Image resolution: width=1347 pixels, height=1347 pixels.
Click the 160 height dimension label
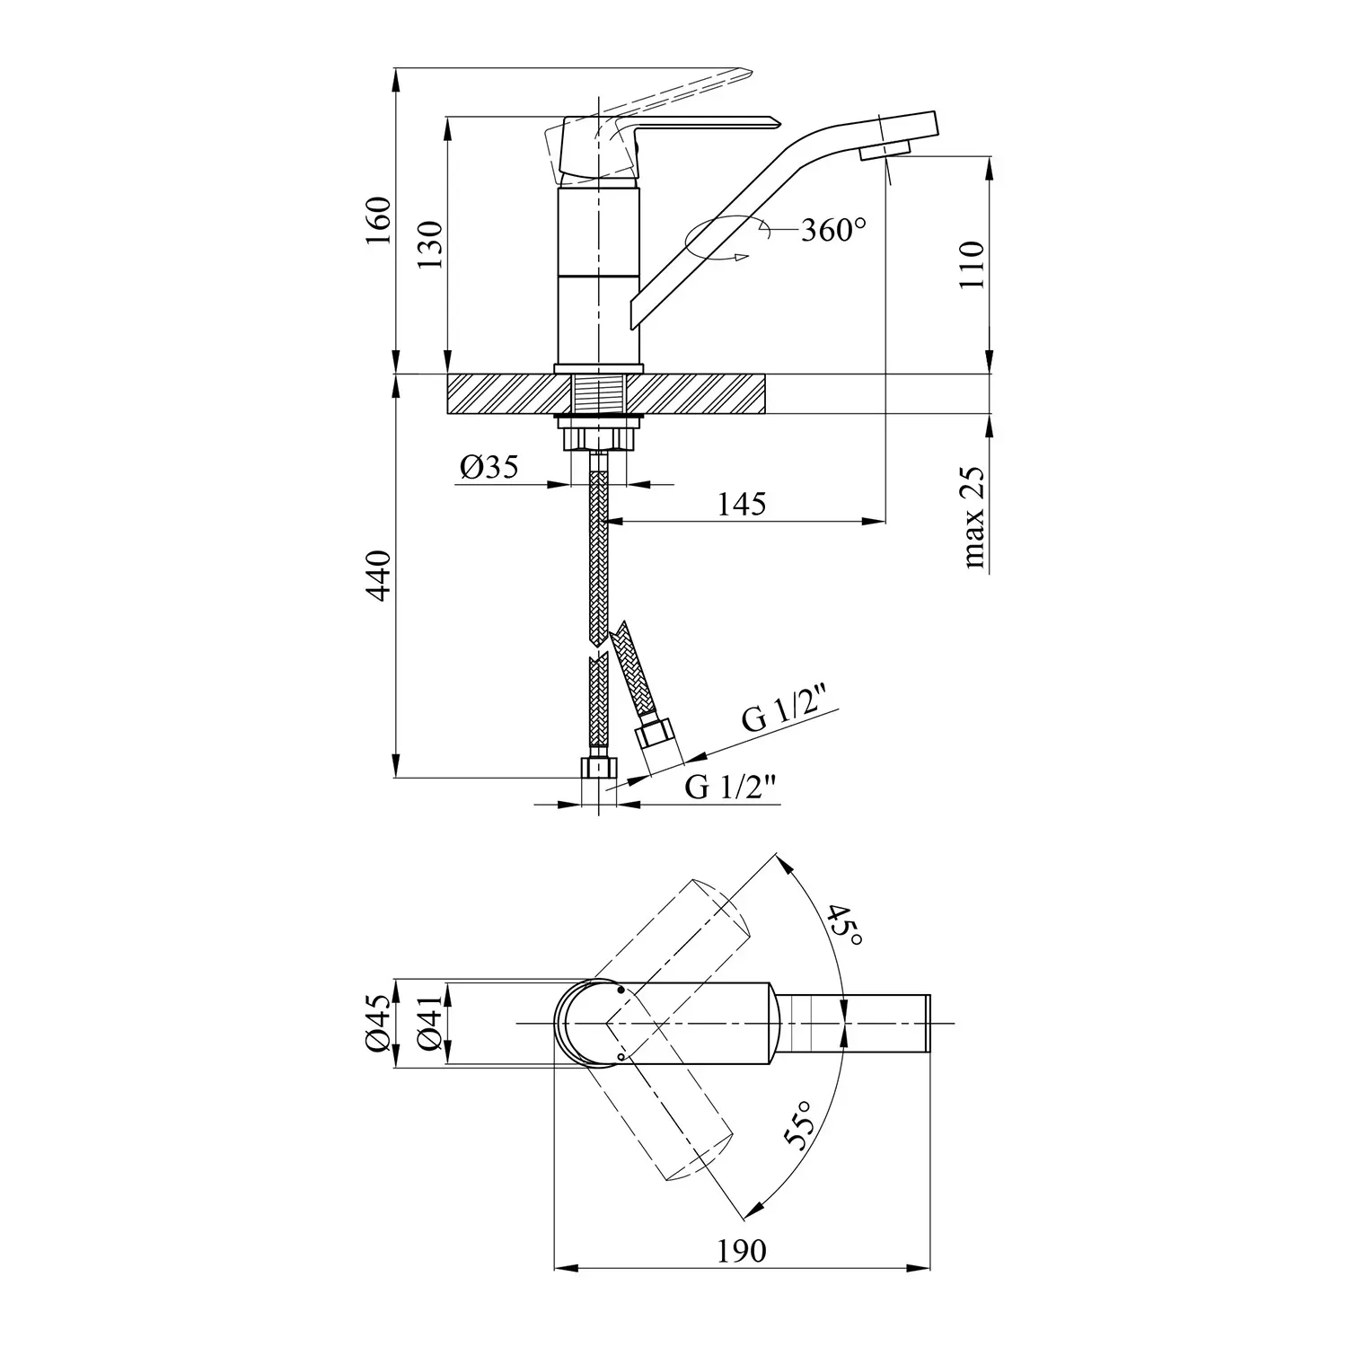coord(381,220)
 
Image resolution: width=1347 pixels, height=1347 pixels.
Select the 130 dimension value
coord(431,244)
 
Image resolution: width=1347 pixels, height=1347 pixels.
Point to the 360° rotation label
coord(834,231)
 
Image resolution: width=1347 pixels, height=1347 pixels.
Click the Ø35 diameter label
coord(489,467)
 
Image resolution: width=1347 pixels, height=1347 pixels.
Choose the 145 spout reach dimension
coord(743,504)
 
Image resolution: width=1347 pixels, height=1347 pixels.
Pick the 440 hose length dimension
coord(381,576)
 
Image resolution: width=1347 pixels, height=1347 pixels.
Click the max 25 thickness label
coord(974,518)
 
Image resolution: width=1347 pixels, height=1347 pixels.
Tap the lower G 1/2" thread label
coord(730,788)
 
